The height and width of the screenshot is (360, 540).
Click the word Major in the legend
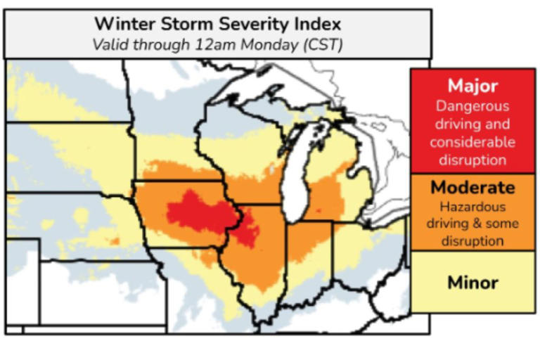[x=472, y=86]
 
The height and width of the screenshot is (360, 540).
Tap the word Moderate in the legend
[x=472, y=188]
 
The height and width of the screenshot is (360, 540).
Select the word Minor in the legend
[x=472, y=283]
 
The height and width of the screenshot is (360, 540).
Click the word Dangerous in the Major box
[x=472, y=107]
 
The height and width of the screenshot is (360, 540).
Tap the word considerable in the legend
[x=472, y=142]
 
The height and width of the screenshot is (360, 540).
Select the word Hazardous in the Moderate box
[x=472, y=207]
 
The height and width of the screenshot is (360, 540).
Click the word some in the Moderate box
[x=501, y=224]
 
